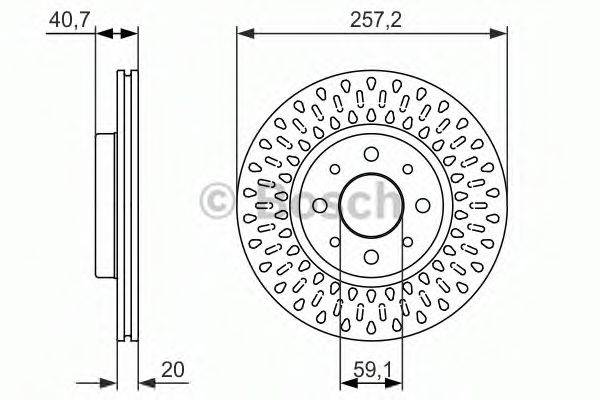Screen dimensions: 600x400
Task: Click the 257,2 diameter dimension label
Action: click(x=376, y=20)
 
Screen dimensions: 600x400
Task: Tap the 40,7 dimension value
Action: click(x=69, y=20)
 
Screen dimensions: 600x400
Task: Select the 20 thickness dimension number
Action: click(x=173, y=369)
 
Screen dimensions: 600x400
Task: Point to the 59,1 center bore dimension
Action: click(x=373, y=369)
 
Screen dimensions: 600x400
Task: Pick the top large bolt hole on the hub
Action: click(x=371, y=154)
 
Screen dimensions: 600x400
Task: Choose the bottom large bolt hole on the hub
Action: click(x=371, y=257)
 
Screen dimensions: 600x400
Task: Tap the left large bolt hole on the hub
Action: click(x=320, y=206)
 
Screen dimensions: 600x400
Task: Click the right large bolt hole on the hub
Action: click(x=423, y=206)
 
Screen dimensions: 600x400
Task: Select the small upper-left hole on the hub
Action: click(x=335, y=169)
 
